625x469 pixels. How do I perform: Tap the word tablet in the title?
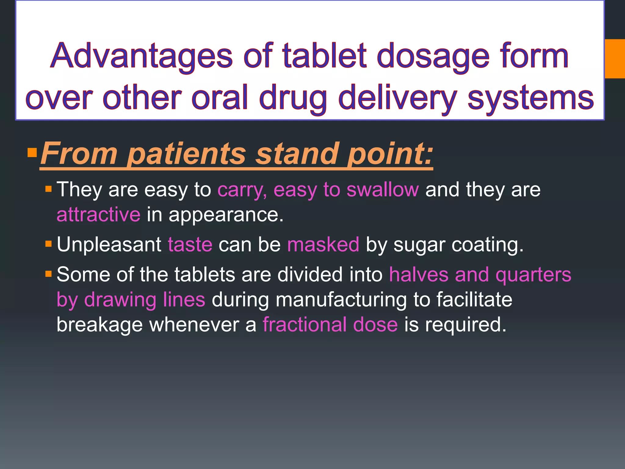(324, 56)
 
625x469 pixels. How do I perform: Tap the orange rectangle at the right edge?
(615, 59)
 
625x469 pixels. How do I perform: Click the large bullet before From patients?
(32, 152)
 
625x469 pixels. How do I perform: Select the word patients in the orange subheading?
(186, 154)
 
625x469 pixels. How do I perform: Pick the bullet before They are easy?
(48, 189)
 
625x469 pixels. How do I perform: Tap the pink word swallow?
(383, 190)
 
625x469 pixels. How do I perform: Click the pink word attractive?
(99, 215)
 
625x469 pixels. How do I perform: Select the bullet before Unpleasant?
(48, 244)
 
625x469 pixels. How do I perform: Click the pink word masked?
(323, 245)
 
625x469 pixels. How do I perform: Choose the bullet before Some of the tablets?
(48, 274)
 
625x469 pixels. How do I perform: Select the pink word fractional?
(305, 324)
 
